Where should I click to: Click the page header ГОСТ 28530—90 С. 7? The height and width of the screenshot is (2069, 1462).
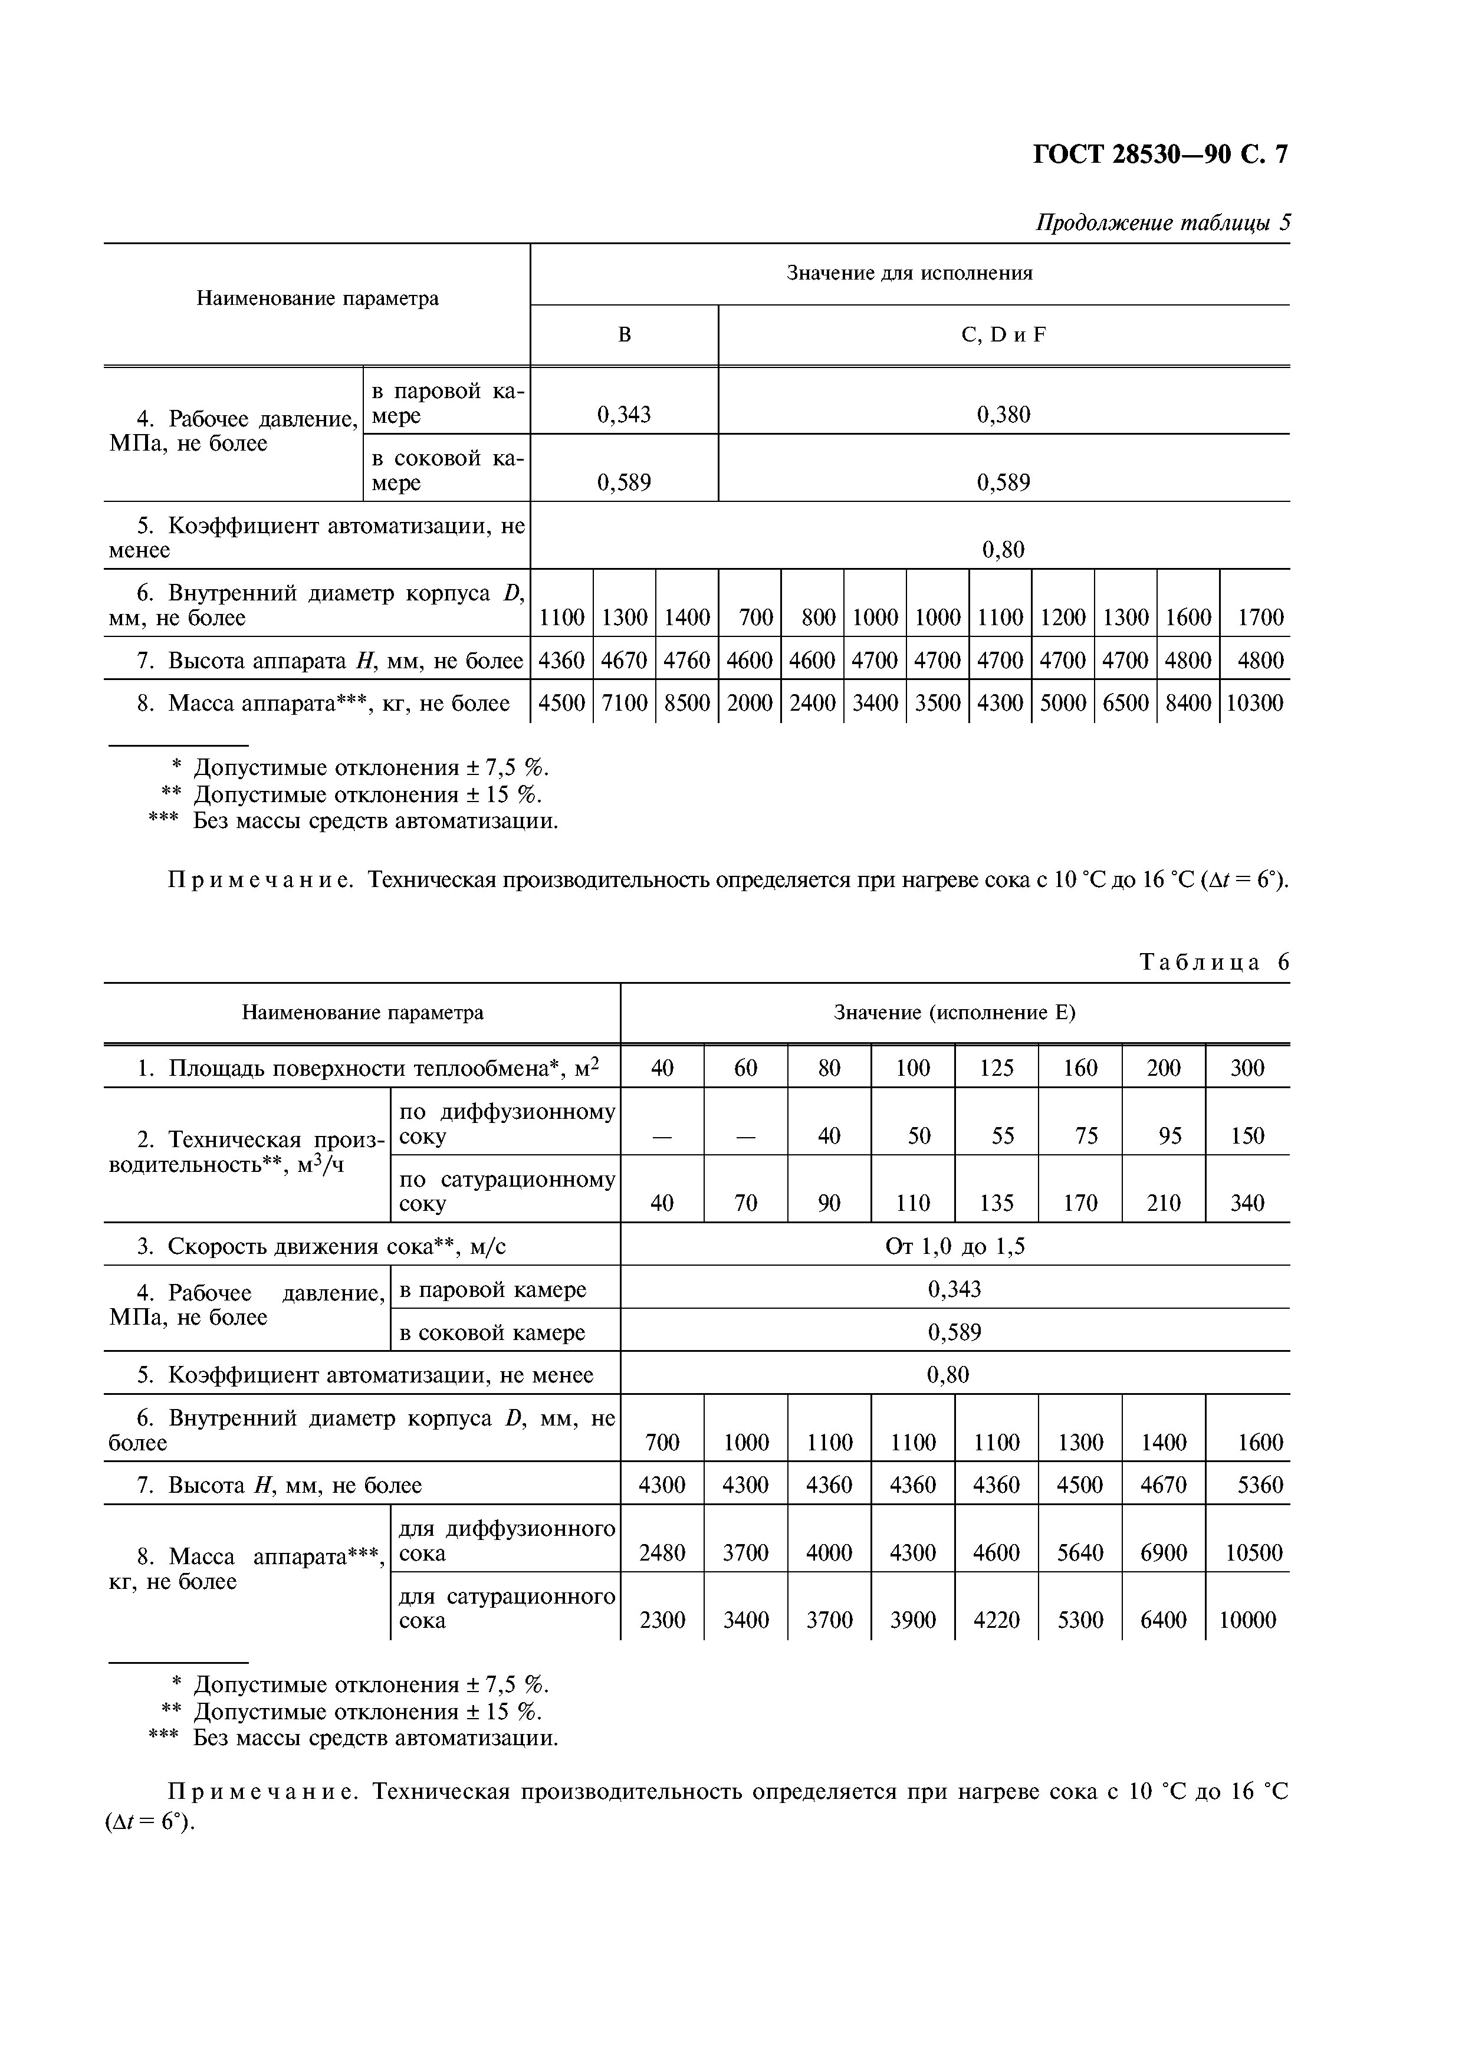tap(1159, 155)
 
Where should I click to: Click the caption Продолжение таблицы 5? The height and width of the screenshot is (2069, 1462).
tap(1162, 222)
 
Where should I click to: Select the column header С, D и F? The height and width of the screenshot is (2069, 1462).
tap(1004, 335)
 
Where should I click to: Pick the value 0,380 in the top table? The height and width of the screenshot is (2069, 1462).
tap(1004, 415)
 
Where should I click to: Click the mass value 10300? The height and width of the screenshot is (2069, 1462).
tap(1254, 704)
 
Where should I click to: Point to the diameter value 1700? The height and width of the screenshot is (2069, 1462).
tap(1259, 618)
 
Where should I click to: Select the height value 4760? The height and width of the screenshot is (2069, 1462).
tap(686, 661)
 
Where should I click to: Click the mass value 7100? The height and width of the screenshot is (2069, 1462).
tap(625, 704)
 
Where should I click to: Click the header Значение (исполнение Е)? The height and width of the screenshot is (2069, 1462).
tap(954, 1013)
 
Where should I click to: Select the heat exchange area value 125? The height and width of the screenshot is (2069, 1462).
tap(996, 1069)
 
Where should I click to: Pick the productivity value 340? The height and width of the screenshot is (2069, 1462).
tap(1247, 1204)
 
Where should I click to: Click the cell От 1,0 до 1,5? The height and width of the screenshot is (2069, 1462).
tap(954, 1247)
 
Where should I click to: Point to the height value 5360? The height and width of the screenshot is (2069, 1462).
tap(1259, 1485)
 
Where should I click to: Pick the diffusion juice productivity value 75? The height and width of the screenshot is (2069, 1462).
tap(1086, 1137)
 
